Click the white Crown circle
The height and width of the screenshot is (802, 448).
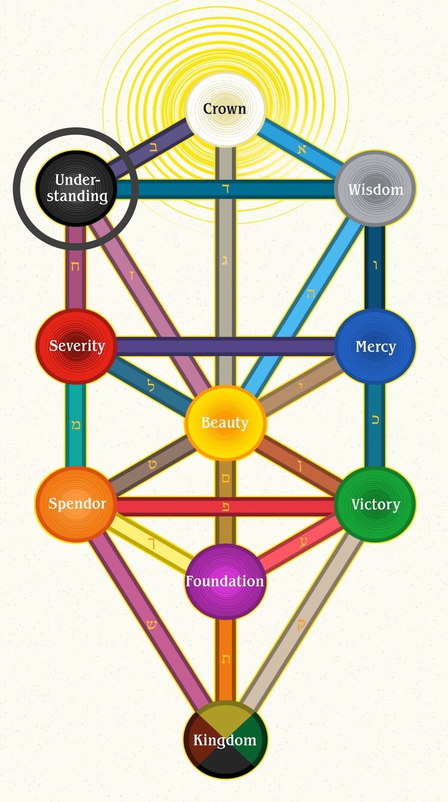[225, 109]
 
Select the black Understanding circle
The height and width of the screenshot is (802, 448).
[76, 189]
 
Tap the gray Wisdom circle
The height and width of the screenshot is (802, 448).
[375, 189]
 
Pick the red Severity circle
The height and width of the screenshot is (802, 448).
[77, 346]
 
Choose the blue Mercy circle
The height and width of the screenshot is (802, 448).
[375, 346]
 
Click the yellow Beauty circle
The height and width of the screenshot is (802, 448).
[225, 423]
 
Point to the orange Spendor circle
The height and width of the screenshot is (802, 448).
[77, 504]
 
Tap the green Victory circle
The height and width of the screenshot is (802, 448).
[375, 504]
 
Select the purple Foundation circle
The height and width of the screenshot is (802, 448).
[225, 582]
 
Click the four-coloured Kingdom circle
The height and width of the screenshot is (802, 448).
[225, 739]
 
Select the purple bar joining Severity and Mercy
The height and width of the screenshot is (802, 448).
[225, 346]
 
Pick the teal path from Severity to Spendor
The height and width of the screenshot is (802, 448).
[76, 425]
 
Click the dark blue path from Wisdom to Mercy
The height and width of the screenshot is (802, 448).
[375, 267]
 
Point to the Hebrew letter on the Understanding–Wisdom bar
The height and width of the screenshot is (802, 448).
[226, 189]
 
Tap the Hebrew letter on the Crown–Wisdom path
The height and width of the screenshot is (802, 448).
[302, 149]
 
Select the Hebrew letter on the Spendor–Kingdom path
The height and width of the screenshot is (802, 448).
[151, 625]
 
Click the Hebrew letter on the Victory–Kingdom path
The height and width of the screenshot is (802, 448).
[301, 625]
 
